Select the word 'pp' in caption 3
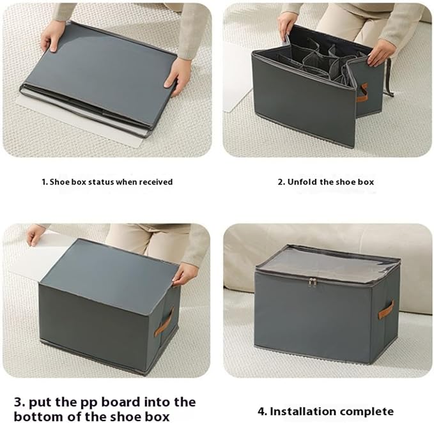[91, 403]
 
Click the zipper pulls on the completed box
[313, 282]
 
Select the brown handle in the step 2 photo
[362, 93]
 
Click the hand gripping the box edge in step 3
[182, 277]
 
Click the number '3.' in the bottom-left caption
[20, 402]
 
